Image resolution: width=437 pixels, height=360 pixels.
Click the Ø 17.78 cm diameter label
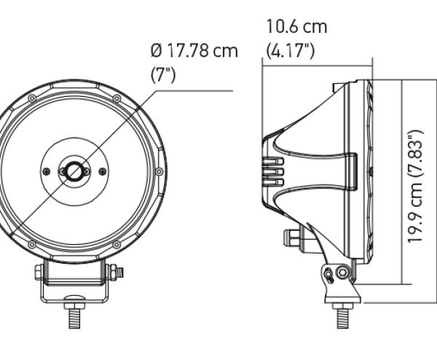click(x=194, y=51)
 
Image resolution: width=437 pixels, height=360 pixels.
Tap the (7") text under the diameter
click(x=163, y=75)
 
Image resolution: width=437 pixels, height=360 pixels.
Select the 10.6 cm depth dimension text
click(x=296, y=26)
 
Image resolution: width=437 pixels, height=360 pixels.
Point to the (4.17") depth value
click(x=290, y=51)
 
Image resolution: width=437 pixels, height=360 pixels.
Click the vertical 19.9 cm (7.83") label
click(x=416, y=187)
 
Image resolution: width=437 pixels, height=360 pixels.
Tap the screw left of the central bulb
click(x=46, y=171)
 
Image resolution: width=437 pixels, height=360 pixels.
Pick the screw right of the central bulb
click(x=103, y=171)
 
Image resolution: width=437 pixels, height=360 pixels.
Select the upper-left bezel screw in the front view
click(x=32, y=98)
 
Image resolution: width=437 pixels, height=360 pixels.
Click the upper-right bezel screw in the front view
click(x=117, y=98)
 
